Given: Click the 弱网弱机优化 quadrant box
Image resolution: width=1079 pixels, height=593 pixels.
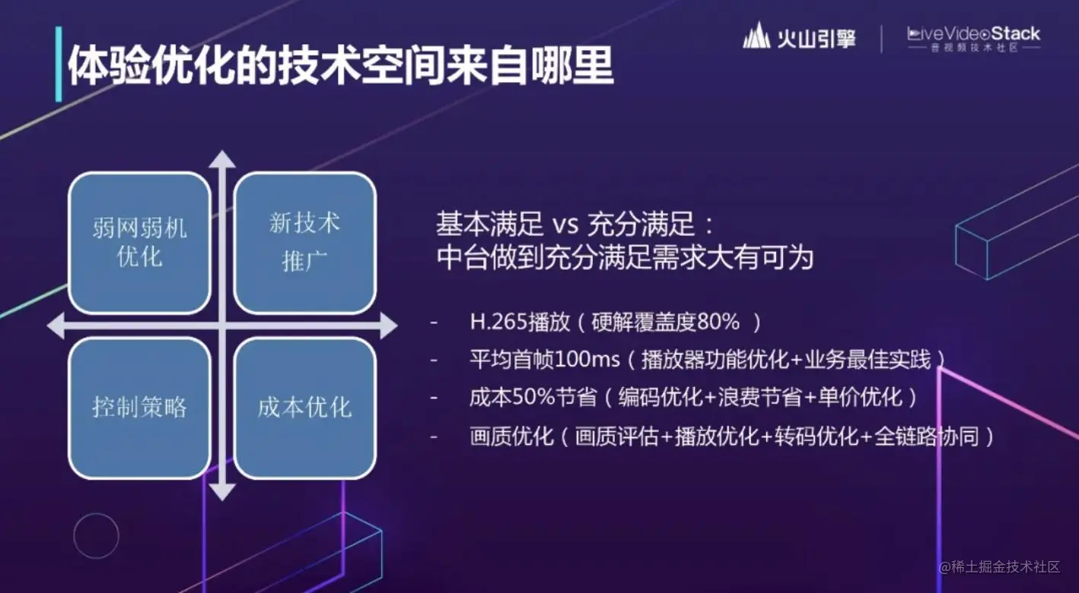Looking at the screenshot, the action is point(140,243).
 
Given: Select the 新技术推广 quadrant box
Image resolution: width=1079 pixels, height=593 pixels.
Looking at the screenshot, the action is point(305,243).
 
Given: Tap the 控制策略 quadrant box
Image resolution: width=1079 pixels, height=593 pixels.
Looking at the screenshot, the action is point(140,408).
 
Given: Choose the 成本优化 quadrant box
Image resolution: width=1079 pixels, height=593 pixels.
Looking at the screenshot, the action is point(305,408).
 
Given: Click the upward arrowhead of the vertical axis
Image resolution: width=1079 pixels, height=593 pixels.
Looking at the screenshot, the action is point(222,159).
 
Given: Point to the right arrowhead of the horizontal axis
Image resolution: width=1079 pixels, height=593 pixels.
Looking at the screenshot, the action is point(389,326).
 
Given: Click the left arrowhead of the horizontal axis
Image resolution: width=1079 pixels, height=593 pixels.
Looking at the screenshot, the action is point(56,326).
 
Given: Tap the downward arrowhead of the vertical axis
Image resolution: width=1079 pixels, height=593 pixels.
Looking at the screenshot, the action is point(222,493).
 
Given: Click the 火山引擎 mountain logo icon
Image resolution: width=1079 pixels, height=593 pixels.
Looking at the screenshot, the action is point(756,35).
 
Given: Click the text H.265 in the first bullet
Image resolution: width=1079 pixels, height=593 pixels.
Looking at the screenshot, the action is point(498,322).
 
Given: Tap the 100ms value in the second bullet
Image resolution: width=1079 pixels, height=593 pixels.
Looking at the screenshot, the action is point(587,360).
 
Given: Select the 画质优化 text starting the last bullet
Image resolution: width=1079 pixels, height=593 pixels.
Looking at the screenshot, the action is point(511,436).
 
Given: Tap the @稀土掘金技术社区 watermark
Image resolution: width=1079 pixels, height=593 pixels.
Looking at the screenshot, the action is point(1000,567).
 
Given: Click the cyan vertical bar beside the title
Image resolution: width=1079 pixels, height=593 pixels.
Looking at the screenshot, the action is point(59,64).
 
